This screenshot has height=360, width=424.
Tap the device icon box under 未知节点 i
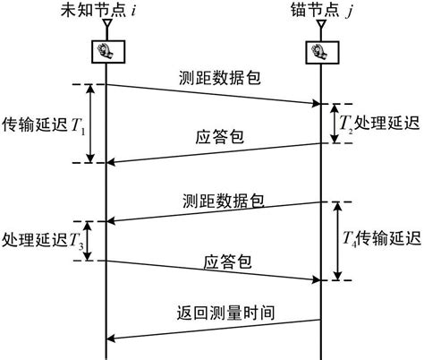[106, 52]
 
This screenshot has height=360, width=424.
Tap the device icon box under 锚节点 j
[321, 52]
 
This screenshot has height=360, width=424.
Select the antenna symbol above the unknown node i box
[106, 30]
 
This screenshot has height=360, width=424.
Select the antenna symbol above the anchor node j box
[321, 30]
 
